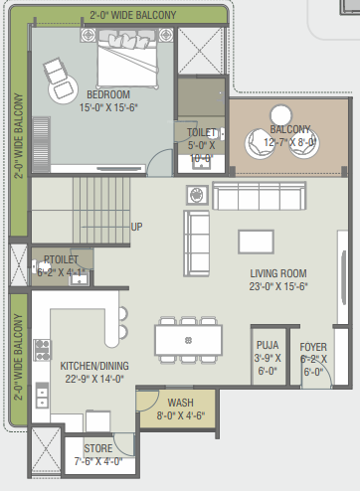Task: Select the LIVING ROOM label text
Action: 278,273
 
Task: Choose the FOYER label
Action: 314,347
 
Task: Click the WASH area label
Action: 180,403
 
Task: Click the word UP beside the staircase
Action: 137,227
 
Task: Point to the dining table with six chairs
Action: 188,340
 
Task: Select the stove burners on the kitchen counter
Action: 42,350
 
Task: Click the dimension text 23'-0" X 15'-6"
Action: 278,286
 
